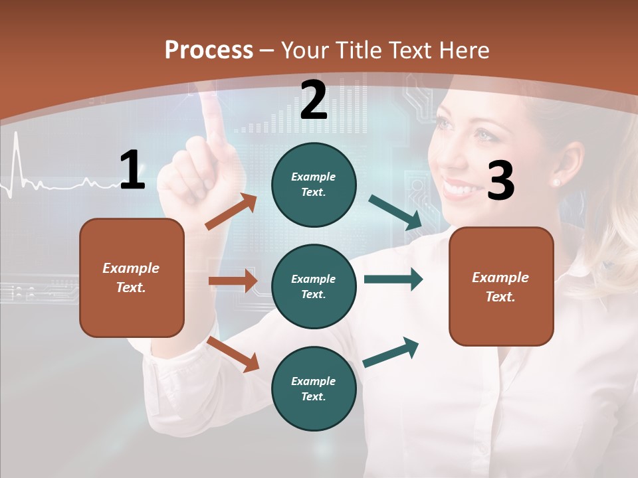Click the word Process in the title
209,50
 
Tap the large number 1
132,170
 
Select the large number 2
314,100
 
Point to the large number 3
500,181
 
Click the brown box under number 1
132,278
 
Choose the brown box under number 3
501,286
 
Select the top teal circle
314,184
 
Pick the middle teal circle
314,286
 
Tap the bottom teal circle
314,388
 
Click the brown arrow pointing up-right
231,212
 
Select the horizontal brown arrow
233,281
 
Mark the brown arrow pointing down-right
233,354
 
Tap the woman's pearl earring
556,182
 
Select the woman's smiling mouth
459,189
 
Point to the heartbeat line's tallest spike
17,134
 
